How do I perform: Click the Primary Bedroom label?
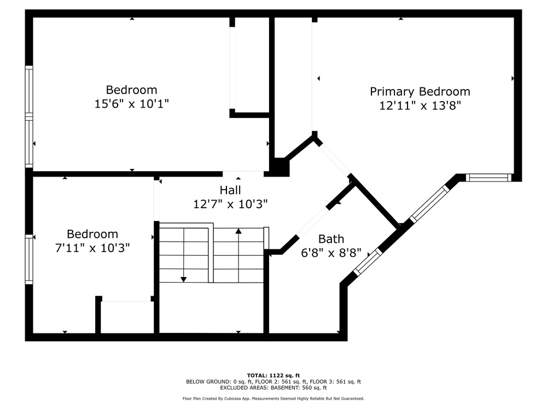coord(420,92)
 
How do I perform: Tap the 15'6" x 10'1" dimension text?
coord(131,103)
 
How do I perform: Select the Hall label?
coord(230,190)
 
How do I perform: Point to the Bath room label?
coord(331,239)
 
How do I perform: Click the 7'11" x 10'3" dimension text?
coord(92,248)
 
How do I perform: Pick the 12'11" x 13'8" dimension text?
coord(420,106)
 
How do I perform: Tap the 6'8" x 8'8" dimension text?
coord(331,253)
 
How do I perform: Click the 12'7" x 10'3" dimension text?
coord(230,204)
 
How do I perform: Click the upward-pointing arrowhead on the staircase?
coord(238,231)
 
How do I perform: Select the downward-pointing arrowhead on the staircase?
coord(183,279)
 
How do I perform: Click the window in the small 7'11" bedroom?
coord(29,259)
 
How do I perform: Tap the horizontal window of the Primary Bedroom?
coord(488,178)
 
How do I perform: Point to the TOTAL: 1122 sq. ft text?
coord(273,376)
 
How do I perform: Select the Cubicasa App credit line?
coord(273,399)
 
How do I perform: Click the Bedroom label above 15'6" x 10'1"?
coord(131,90)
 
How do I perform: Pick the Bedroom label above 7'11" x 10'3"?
coord(92,234)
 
